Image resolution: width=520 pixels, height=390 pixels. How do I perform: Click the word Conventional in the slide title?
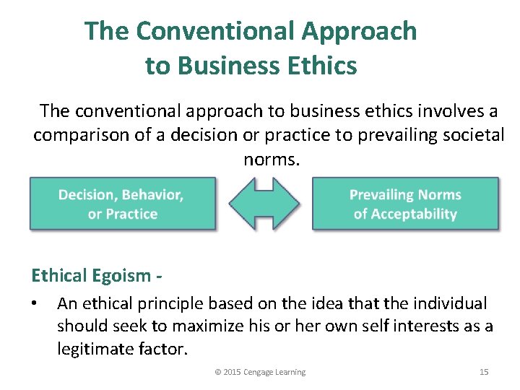pos(214,31)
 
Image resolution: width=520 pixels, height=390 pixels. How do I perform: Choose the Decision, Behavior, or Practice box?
pos(122,204)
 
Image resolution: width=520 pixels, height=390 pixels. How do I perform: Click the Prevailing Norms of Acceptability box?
pos(404,204)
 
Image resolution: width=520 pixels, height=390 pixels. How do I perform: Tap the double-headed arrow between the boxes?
pos(264,204)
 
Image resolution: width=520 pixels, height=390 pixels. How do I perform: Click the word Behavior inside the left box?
pos(152,195)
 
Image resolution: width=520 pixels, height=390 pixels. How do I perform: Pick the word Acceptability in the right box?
pos(415,214)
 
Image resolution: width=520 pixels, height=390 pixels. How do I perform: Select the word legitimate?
pos(95,350)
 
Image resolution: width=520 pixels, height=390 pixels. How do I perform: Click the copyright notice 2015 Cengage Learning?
pos(260,372)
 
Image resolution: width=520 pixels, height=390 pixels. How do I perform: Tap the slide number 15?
pos(484,372)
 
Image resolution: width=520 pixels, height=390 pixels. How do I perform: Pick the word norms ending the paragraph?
pos(270,159)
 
